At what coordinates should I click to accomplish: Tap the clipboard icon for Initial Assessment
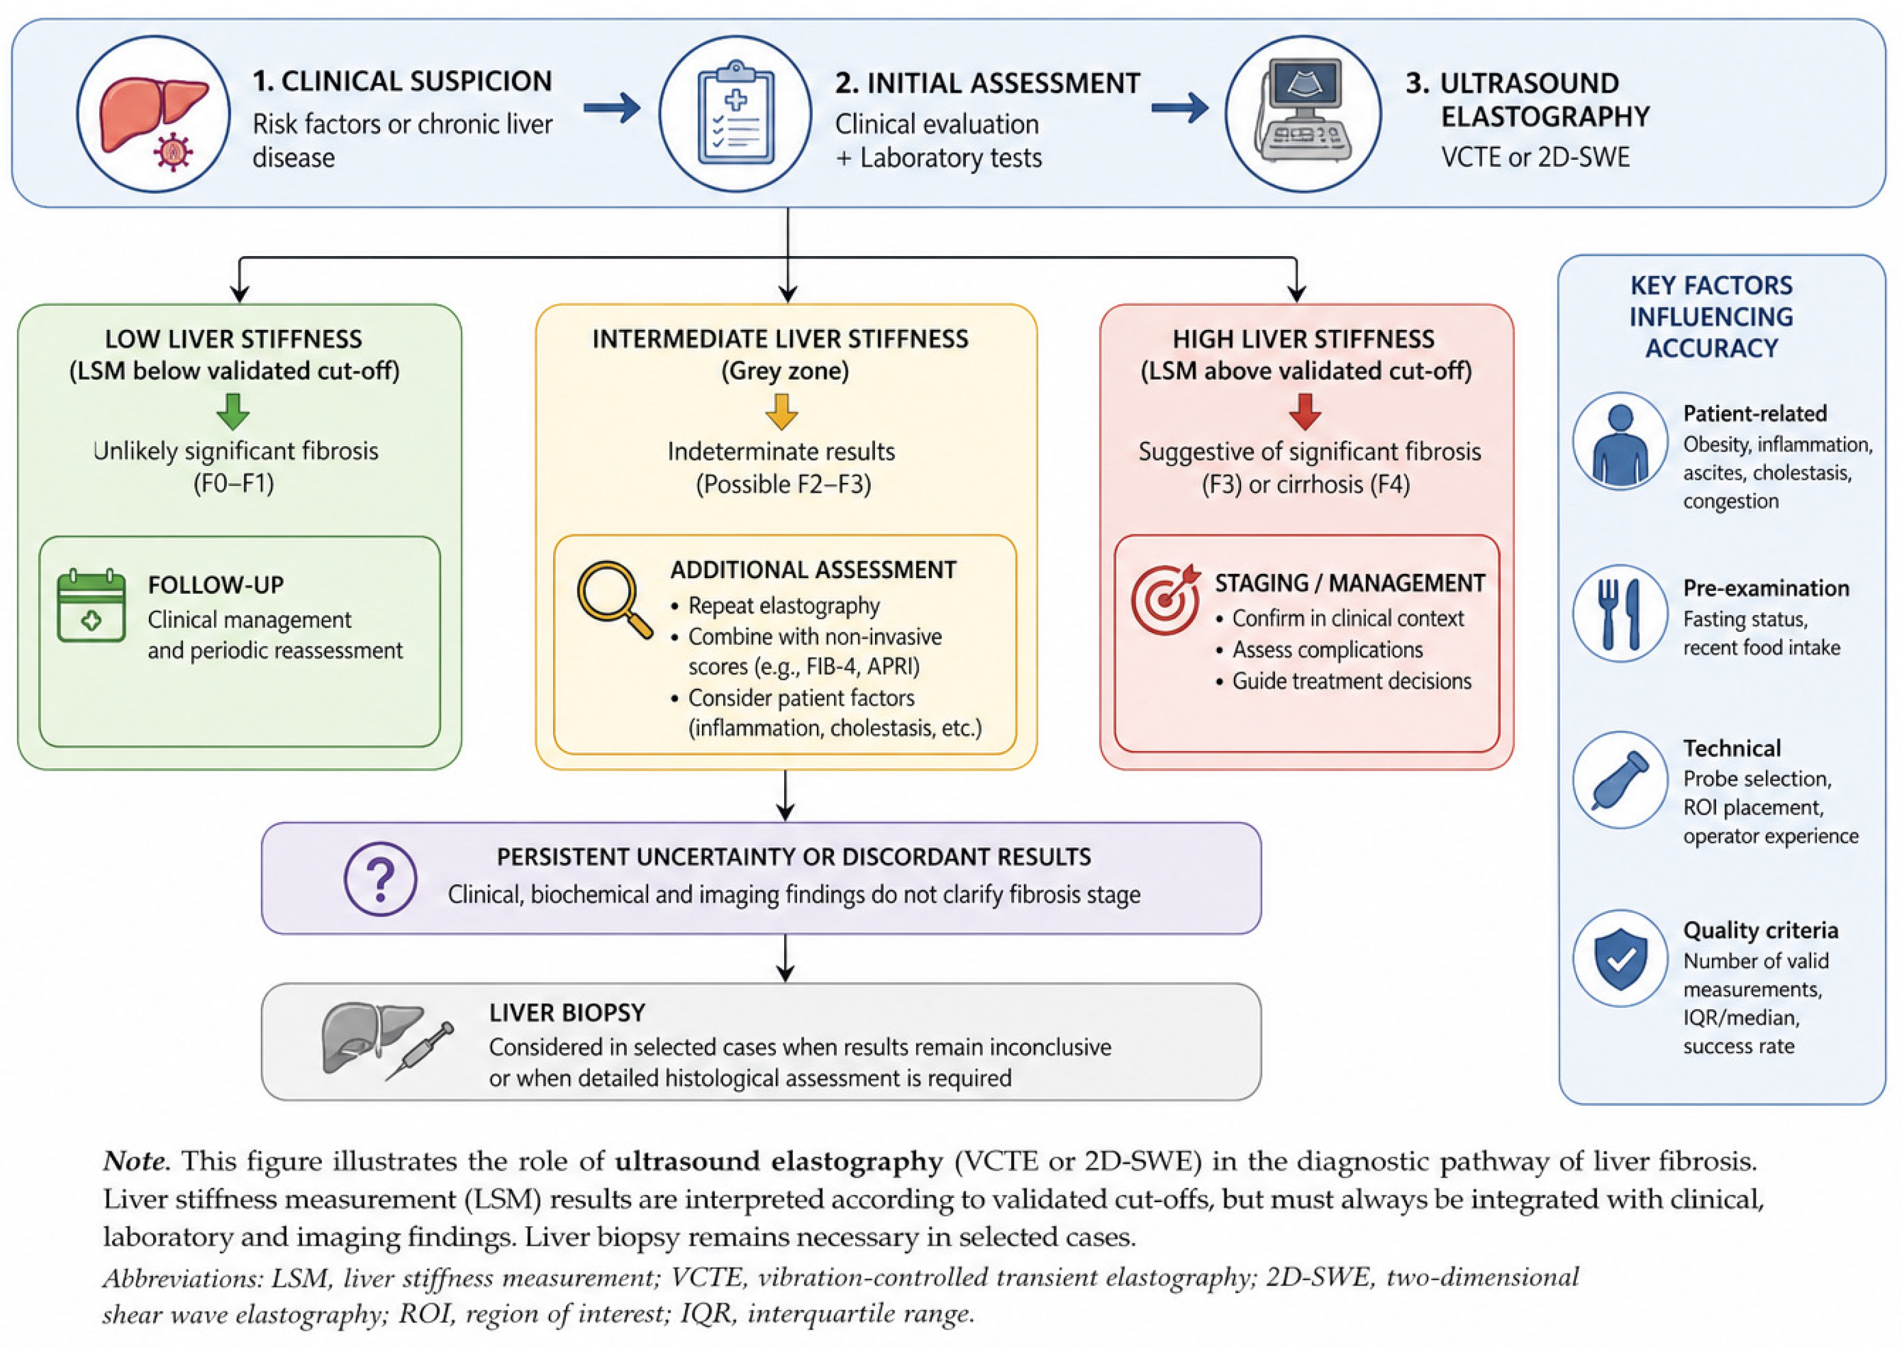(735, 113)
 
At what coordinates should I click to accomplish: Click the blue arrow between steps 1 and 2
(612, 107)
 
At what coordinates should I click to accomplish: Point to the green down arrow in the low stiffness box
(233, 412)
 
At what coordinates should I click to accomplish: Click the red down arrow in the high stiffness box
(1305, 412)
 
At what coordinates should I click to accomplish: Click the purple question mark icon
(381, 878)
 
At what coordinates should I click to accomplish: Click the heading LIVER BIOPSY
(568, 1013)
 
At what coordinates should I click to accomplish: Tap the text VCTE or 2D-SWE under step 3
(1535, 157)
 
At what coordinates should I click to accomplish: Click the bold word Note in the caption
(136, 1160)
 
